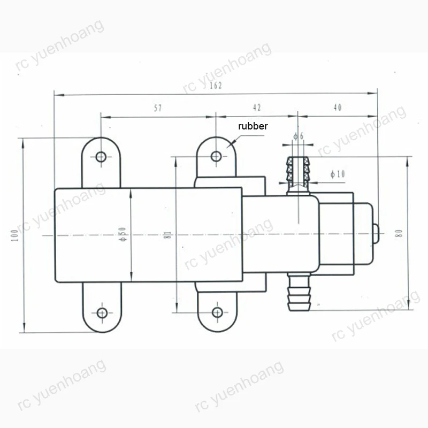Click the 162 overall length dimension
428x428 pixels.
point(216,86)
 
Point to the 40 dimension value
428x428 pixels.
point(337,108)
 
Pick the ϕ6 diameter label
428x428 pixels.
point(299,136)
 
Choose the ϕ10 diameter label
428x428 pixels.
point(338,174)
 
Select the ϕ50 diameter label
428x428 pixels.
point(123,234)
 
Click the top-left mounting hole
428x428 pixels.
point(101,157)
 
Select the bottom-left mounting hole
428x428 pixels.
point(101,312)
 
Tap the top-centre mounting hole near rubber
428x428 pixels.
point(216,156)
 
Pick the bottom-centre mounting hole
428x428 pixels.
point(216,312)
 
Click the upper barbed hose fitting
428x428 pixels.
point(298,172)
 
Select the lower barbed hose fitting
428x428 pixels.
point(297,293)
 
